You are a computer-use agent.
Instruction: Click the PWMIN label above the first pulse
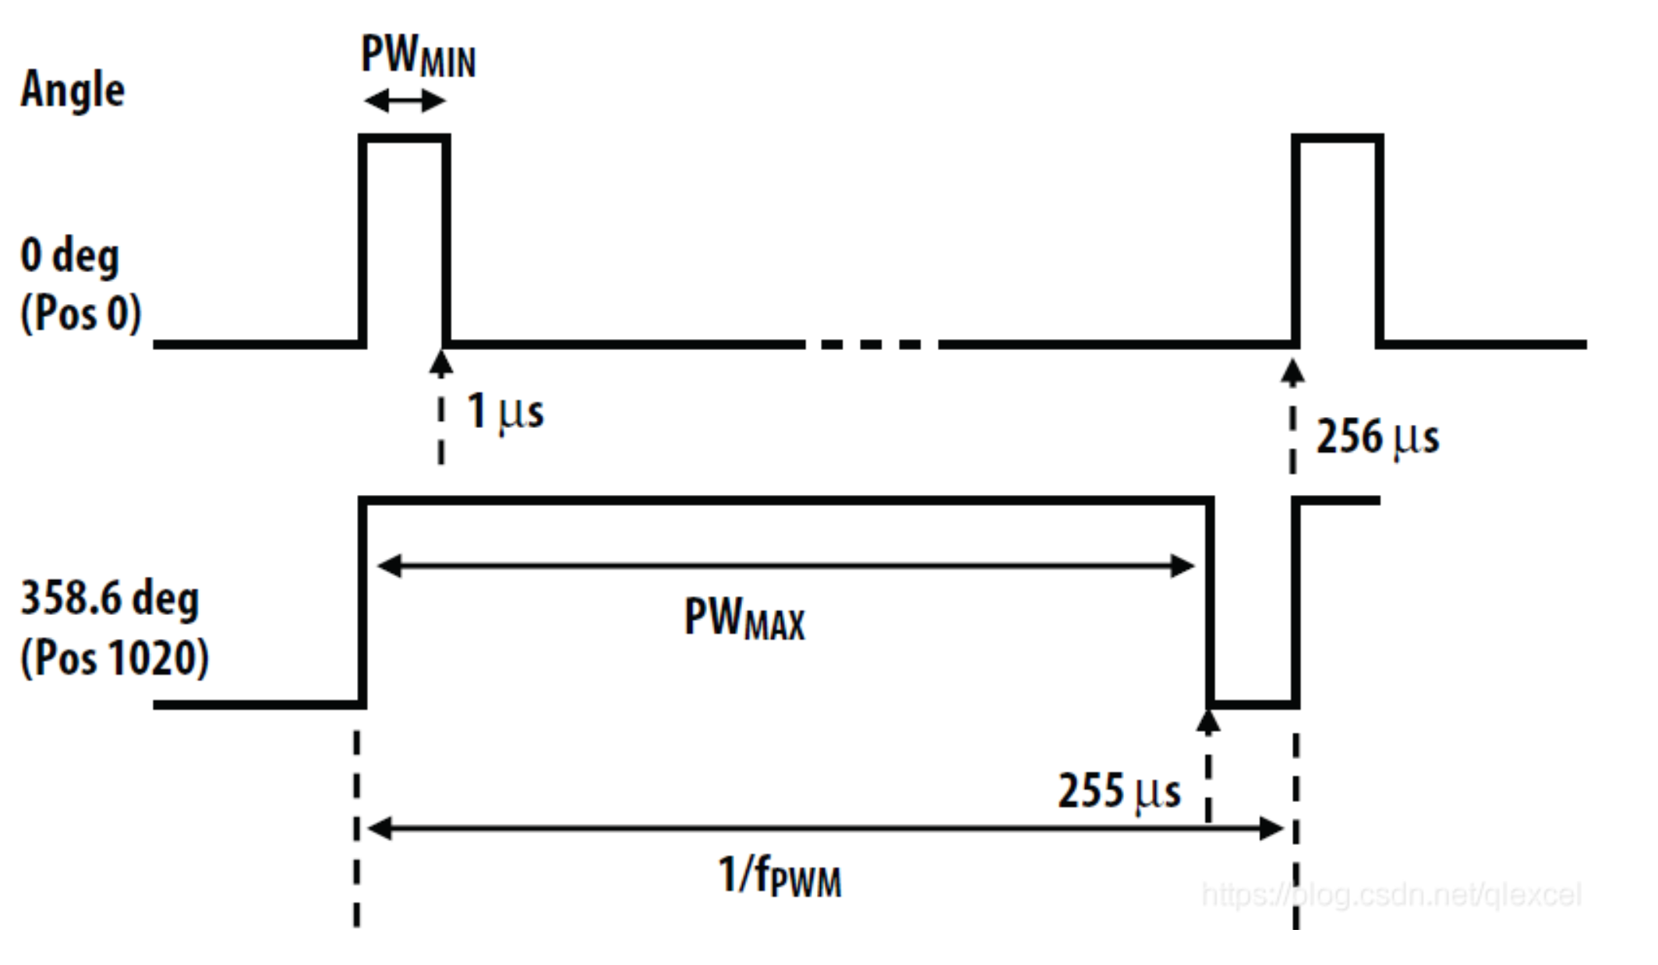418,56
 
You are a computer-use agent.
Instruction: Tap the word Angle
72,89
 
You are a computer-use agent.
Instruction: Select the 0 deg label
69,256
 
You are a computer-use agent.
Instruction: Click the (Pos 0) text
80,313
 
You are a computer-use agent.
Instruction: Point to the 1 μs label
505,411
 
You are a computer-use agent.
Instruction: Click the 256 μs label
1377,437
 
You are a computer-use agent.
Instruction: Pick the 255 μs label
1119,791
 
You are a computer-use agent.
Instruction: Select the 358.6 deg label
110,599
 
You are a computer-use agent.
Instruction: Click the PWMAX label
744,619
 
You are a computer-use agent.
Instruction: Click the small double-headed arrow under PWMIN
405,101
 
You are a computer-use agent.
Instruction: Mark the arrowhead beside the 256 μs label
1292,373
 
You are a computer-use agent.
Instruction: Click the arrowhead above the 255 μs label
1208,721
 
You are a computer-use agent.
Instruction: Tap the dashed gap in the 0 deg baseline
871,344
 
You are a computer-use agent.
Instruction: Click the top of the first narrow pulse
405,139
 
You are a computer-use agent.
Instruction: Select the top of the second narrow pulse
1338,139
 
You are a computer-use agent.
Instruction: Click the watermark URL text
1391,894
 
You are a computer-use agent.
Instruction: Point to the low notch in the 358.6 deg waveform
1253,704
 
